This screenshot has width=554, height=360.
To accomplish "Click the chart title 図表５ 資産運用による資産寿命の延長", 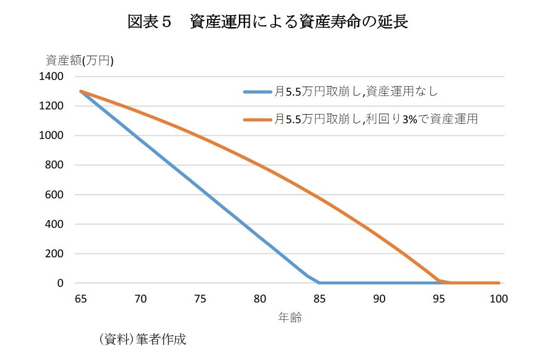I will pos(268,22).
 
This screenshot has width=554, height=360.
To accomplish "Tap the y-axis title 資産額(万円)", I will pos(79,60).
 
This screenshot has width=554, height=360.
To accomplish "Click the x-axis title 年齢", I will pos(290,318).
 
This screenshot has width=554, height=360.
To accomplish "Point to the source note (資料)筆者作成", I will pos(142,340).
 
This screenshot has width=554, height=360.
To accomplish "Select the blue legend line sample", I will pos(257,92).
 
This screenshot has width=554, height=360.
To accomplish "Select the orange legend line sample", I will pos(257,119).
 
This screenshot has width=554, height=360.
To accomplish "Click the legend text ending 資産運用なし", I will pos(356,92).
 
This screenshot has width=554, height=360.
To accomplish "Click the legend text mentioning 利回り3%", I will pos(376,119).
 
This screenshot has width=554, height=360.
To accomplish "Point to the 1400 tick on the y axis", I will pos(54,77).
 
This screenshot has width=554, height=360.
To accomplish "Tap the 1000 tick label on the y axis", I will pos(54,136).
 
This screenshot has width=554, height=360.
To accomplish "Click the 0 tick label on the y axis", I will pos(60,283).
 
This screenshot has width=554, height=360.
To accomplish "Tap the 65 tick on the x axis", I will pos(81,299).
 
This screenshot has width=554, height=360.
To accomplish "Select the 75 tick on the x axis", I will pos(200,299).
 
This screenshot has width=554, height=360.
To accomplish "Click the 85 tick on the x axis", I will pos(319,299).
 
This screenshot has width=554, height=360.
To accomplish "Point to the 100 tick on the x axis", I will pos(499,299).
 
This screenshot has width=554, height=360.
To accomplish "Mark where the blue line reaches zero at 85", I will pos(319,282).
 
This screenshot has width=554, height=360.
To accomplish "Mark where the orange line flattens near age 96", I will pos(451,282).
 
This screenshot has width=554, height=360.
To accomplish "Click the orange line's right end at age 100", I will pos(498,282).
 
